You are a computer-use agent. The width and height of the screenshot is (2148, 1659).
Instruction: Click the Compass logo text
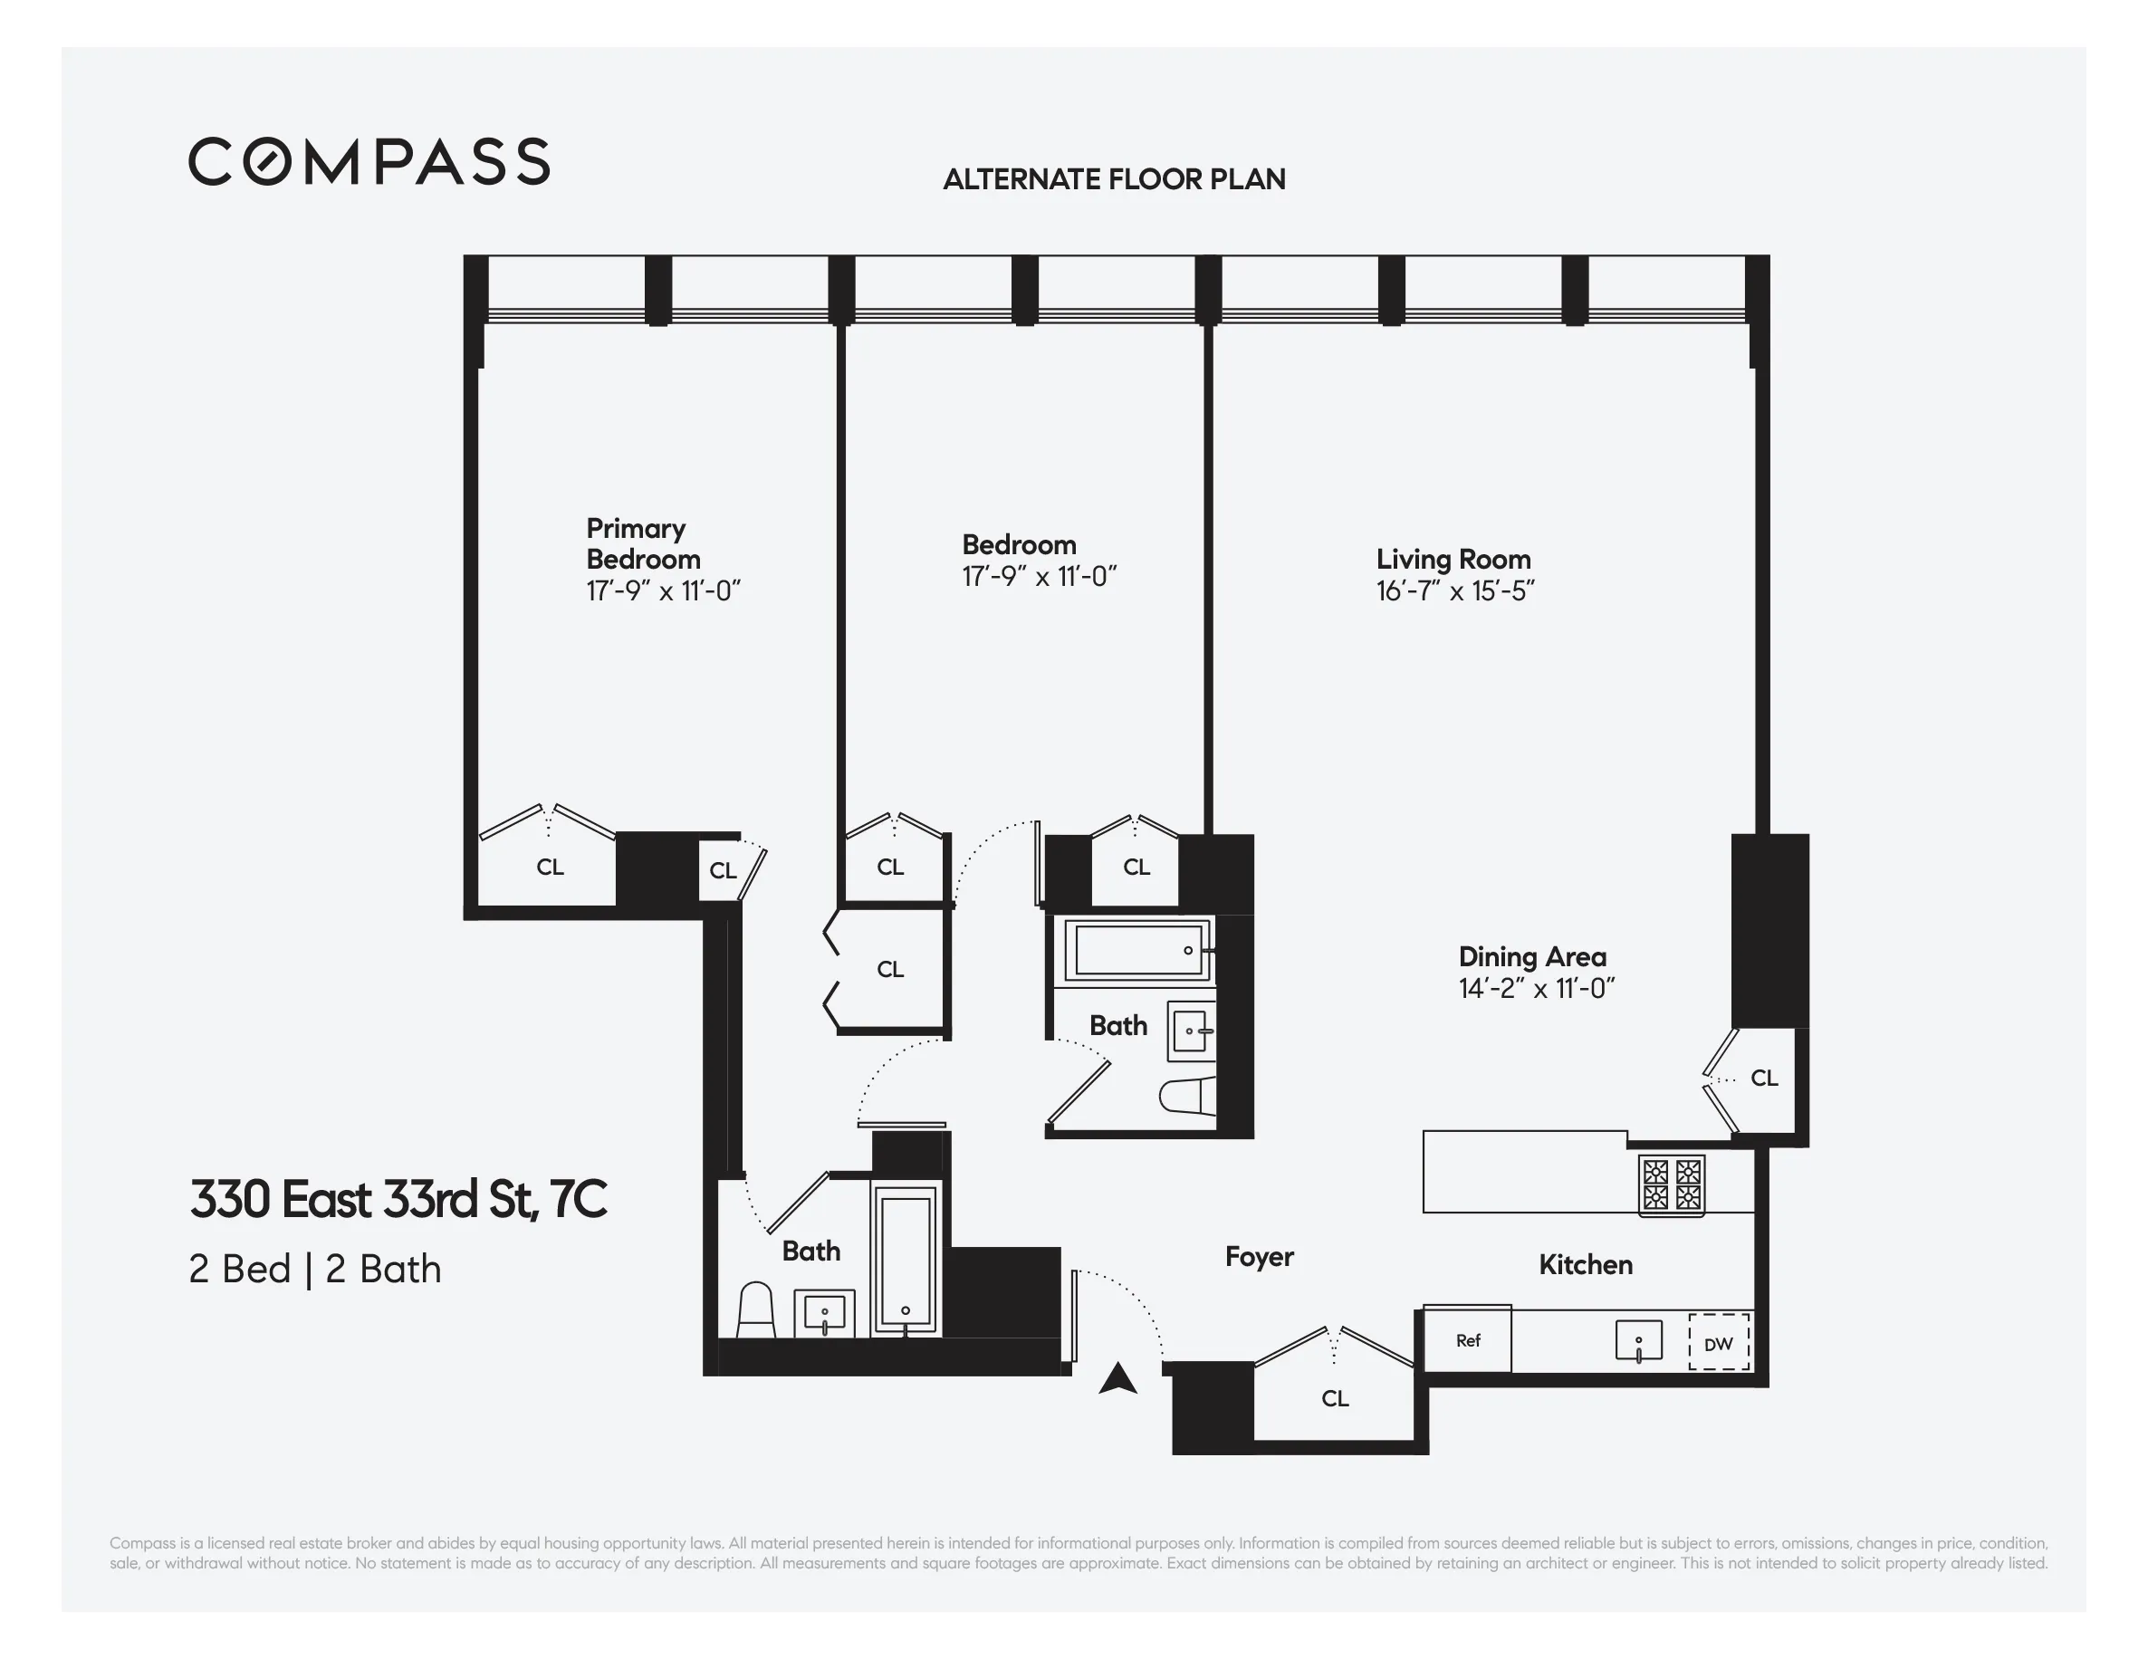(x=369, y=161)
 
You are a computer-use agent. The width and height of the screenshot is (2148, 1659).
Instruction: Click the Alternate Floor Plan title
(x=1113, y=179)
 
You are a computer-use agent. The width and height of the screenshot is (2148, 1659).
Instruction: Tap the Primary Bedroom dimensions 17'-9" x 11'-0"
(x=663, y=591)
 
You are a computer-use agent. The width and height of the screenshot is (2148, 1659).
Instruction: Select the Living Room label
(x=1453, y=559)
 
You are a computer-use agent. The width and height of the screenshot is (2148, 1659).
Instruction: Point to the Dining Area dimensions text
(x=1536, y=988)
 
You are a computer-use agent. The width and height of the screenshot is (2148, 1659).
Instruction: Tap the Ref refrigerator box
(x=1467, y=1339)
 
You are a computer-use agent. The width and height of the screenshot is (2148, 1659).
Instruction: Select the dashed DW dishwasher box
(x=1718, y=1342)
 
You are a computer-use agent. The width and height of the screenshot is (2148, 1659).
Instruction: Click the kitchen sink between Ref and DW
(x=1638, y=1340)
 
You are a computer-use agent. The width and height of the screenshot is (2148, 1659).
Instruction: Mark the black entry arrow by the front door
(x=1117, y=1379)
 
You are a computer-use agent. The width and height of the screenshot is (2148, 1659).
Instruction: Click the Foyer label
(x=1259, y=1257)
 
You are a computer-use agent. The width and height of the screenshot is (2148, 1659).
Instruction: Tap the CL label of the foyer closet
(x=1335, y=1398)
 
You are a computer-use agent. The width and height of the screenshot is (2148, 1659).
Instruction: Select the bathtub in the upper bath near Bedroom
(x=1138, y=950)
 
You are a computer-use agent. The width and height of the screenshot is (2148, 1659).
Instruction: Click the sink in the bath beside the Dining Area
(x=1190, y=1031)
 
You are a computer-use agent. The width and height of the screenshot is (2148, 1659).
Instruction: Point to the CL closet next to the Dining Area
(x=1763, y=1078)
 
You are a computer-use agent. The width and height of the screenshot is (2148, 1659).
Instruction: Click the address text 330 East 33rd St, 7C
(x=398, y=1199)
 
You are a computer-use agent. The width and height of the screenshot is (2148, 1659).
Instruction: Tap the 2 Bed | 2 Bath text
(x=315, y=1269)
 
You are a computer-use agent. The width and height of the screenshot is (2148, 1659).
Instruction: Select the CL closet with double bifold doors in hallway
(x=890, y=970)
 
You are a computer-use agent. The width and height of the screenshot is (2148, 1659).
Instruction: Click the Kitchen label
(x=1586, y=1265)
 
